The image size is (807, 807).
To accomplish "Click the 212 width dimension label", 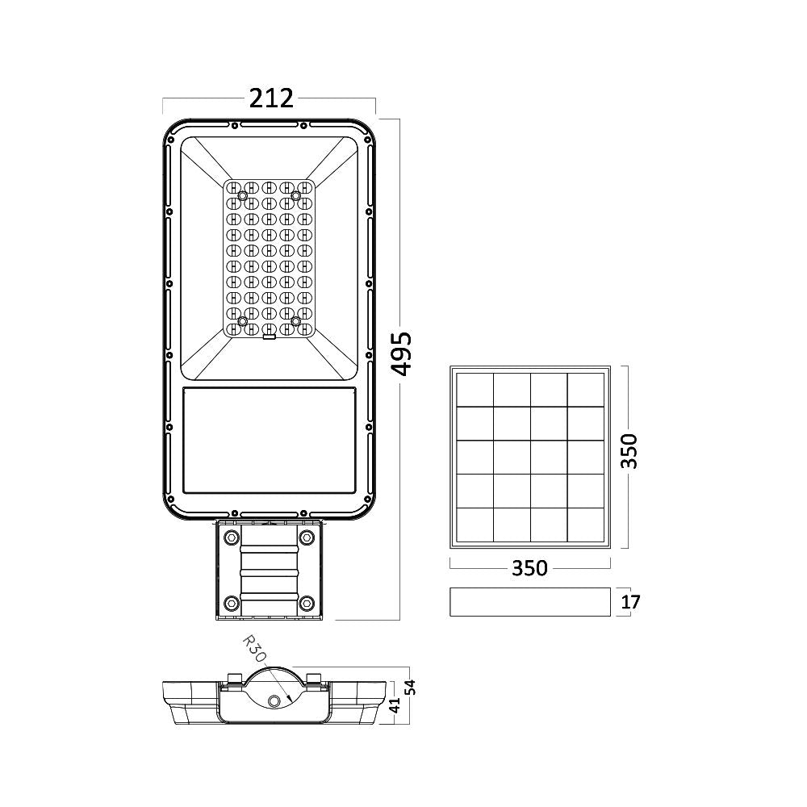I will pos(270,98).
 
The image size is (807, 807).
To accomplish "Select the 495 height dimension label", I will pos(403,353).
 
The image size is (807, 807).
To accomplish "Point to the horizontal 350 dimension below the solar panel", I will pos(529,568).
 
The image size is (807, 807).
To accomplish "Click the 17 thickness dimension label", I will pos(631,602).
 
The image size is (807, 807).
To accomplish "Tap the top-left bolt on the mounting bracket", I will pos(232,537).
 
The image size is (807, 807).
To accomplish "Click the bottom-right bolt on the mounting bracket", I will pos(307,602).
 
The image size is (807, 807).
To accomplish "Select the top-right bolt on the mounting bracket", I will pos(307,537).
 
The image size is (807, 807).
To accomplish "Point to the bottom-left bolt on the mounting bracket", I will pos(232,602).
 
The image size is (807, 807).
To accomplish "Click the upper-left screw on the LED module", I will pos(243,194).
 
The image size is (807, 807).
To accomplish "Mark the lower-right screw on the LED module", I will pos(296,321).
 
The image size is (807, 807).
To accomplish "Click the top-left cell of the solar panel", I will pos(474,389).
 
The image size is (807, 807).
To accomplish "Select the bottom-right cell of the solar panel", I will pos(586,525).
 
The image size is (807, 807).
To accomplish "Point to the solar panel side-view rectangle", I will pos(529,602).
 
